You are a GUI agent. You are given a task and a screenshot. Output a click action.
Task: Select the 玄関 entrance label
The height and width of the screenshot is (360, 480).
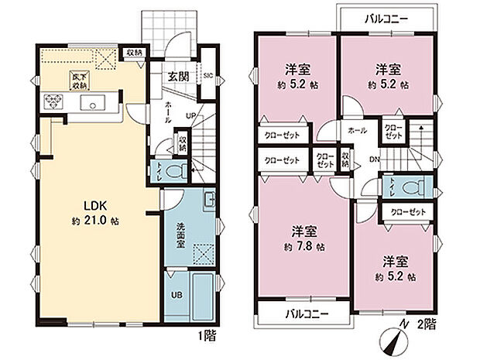[x=180, y=75]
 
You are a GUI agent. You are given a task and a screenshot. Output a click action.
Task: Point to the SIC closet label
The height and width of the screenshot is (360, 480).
[x=208, y=76]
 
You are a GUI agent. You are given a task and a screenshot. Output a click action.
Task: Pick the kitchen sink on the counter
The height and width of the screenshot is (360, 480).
[x=98, y=104]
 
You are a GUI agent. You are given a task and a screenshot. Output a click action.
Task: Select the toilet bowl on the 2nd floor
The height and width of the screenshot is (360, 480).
[x=410, y=187]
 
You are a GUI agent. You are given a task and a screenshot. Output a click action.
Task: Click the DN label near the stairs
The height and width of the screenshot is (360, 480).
[x=374, y=160]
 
